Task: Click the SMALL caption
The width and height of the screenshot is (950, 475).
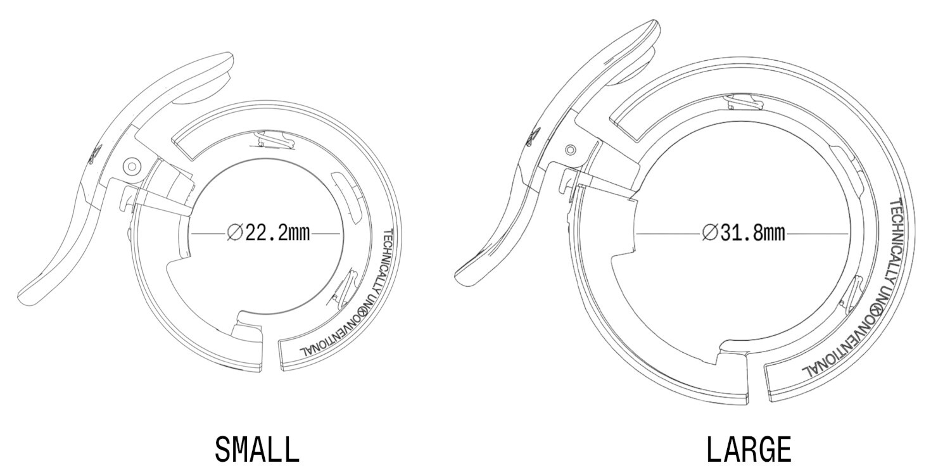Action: [256, 450]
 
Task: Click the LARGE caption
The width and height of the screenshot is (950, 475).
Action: [748, 450]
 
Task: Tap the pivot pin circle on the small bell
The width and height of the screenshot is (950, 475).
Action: [132, 167]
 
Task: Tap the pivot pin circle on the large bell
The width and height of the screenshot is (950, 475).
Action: [571, 149]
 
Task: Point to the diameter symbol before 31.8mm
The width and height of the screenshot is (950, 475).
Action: [709, 233]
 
